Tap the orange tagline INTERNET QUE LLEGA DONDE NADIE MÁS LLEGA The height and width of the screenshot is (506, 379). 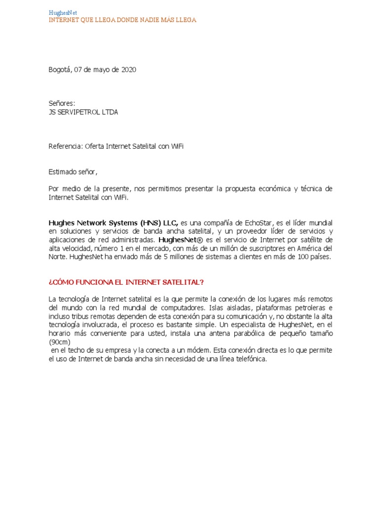122,20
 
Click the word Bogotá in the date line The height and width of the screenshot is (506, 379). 60,70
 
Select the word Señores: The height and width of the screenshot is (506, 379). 62,103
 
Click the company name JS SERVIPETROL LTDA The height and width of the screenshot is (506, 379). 83,112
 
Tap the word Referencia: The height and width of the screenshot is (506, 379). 65,146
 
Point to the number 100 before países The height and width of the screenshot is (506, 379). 303,256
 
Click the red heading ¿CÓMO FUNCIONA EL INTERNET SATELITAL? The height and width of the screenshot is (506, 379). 126,282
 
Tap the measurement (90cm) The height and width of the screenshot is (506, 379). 60,341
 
